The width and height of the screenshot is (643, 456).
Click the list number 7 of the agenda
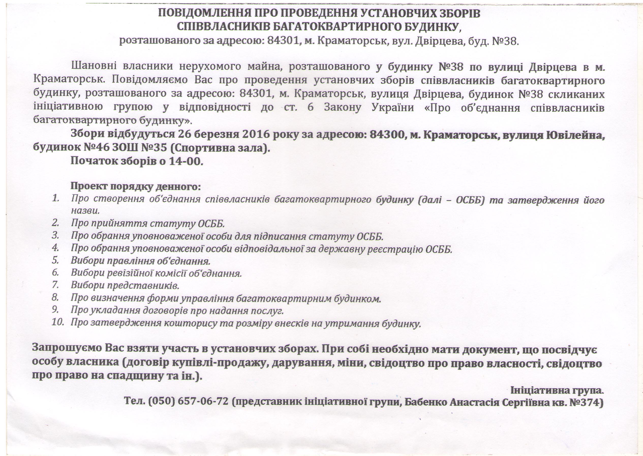[x=55, y=285]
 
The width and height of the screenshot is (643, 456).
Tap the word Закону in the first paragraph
[x=342, y=108]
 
